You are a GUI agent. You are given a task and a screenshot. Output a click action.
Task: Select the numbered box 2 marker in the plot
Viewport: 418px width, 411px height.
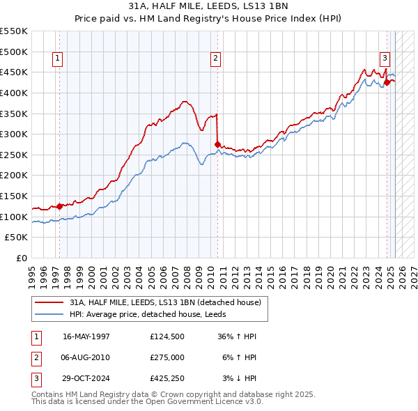coord(216,59)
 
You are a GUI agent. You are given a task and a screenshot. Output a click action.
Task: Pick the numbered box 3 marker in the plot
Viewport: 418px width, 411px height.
coord(385,59)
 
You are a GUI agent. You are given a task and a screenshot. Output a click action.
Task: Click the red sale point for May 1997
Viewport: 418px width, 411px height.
coord(60,206)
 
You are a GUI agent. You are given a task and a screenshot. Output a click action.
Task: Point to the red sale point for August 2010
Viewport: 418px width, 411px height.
coord(217,144)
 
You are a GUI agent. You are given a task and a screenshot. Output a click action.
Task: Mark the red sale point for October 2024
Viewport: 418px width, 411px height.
coord(387,82)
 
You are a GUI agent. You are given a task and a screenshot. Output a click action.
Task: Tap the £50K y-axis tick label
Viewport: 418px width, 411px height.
coord(17,238)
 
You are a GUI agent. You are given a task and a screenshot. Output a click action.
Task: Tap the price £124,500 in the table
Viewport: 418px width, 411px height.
coord(167,336)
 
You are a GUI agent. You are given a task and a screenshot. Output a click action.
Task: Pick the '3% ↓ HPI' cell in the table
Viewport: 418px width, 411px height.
coord(240,378)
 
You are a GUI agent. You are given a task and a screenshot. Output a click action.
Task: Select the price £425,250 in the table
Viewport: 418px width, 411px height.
coord(167,378)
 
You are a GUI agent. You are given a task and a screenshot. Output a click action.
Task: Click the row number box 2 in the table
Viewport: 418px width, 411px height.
coord(36,357)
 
